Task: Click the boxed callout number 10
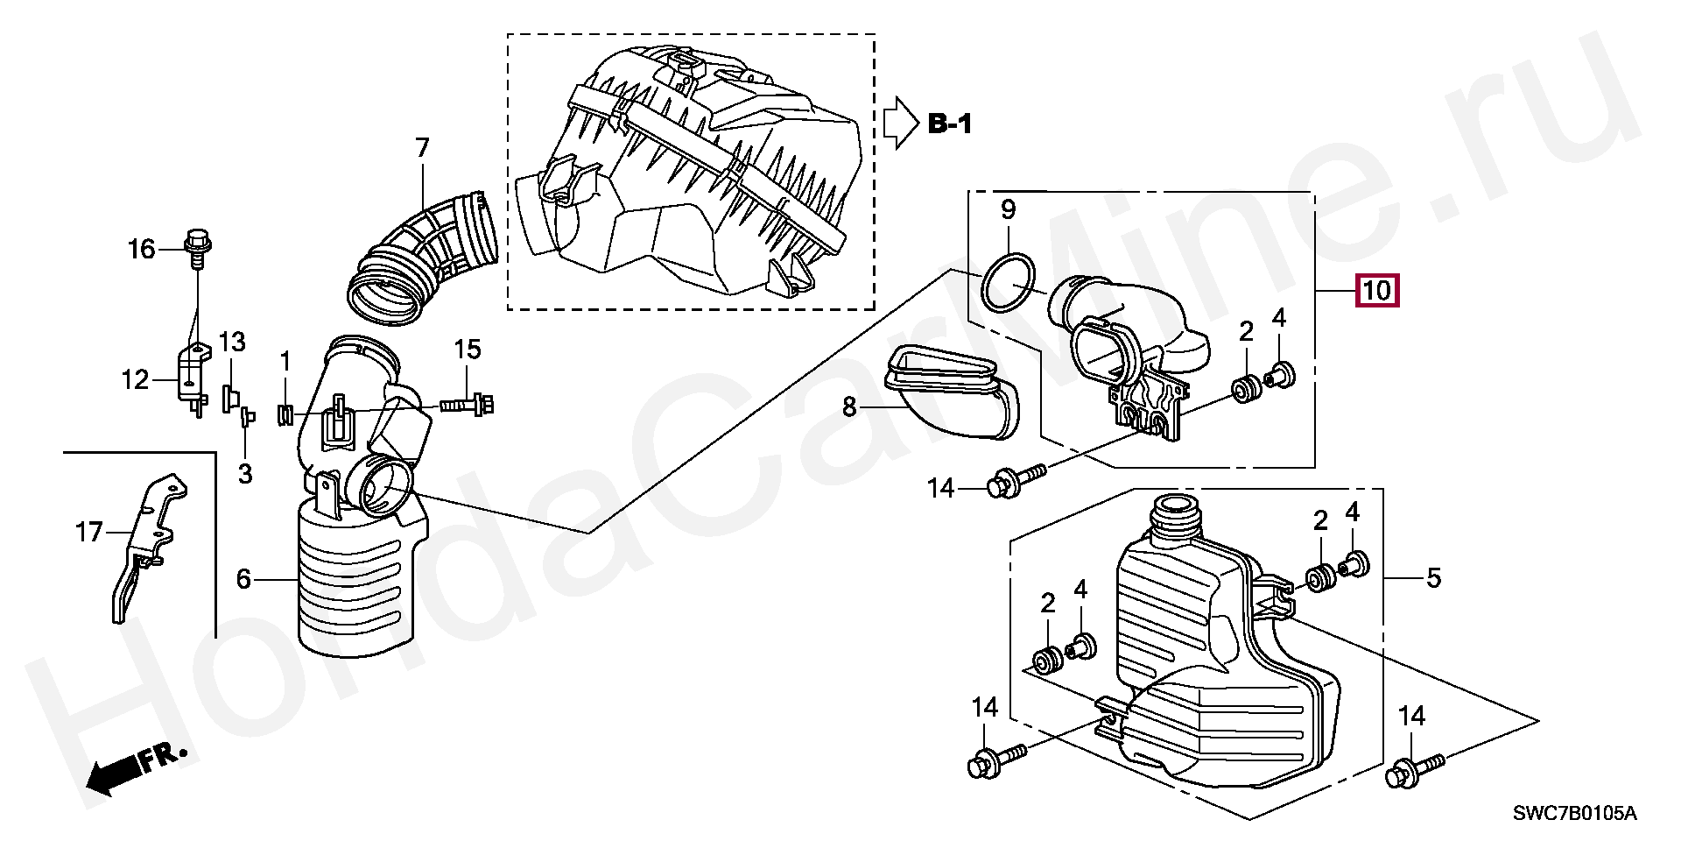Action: [1377, 289]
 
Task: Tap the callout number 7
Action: [422, 149]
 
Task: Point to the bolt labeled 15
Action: [467, 405]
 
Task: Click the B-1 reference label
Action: [949, 124]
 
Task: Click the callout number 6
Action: [243, 578]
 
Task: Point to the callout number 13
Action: [232, 342]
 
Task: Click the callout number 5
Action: [1433, 578]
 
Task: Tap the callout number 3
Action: [245, 474]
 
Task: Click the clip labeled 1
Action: [285, 413]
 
